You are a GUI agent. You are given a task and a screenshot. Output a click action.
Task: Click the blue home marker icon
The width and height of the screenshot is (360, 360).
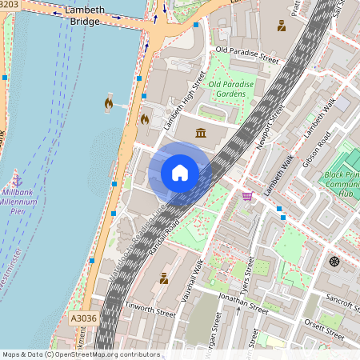tap(180, 173)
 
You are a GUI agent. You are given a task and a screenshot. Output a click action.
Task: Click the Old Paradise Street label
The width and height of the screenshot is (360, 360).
tap(247, 56)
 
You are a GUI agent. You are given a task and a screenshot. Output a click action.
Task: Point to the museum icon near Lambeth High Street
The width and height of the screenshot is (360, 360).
tap(199, 132)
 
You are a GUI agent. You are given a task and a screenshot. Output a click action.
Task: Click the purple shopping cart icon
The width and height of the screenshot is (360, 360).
tap(248, 195)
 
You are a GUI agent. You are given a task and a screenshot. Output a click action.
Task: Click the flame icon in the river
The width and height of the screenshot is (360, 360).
tap(108, 102)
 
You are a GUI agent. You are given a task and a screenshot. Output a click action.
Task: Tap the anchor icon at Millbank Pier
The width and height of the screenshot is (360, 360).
tap(17, 178)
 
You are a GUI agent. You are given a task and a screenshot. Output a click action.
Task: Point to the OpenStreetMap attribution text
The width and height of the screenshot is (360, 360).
tap(81, 354)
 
